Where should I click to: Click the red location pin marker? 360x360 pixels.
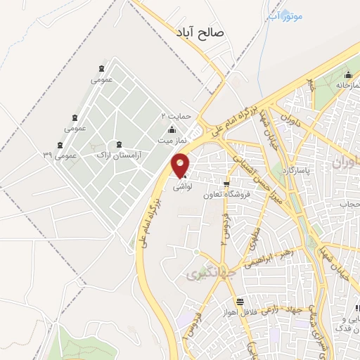pos(181,166)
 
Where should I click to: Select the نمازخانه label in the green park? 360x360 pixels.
pos(333,85)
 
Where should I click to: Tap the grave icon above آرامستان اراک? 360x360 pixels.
pos(119,144)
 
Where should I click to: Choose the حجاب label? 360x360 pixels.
pos(349,204)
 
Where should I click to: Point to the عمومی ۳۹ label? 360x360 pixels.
pos(58,154)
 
